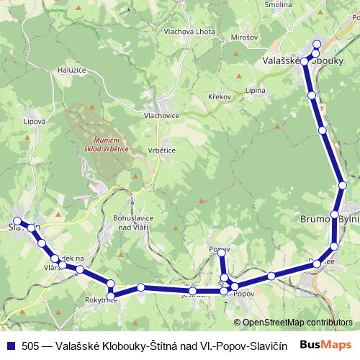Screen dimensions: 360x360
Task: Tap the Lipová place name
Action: pyautogui.click(x=35, y=122)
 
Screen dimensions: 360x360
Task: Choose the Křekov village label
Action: pyautogui.click(x=218, y=96)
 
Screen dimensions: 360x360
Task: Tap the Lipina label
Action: pyautogui.click(x=256, y=91)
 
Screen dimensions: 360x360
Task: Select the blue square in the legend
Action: pyautogui.click(x=10, y=346)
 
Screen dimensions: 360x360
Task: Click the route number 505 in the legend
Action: pyautogui.click(x=30, y=346)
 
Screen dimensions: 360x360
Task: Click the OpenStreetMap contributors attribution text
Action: pyautogui.click(x=297, y=323)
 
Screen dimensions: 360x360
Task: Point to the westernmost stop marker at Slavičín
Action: pyautogui.click(x=17, y=222)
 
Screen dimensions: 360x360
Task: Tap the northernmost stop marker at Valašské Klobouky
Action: pyautogui.click(x=317, y=45)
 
